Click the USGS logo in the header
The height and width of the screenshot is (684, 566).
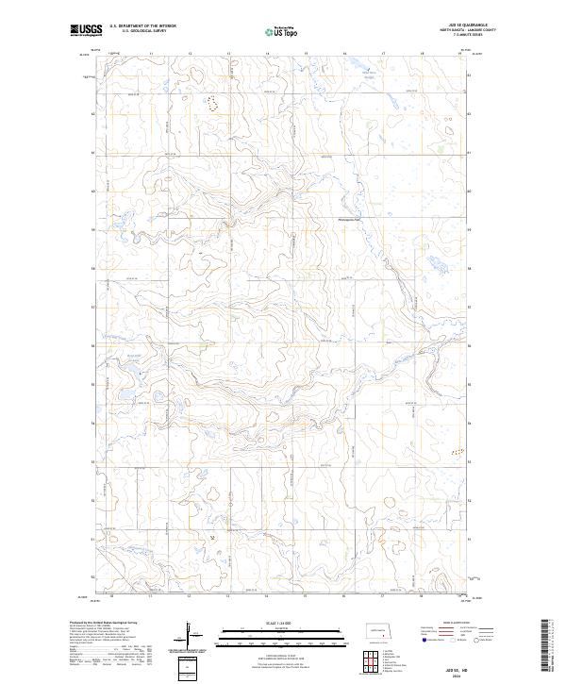[x=86, y=31]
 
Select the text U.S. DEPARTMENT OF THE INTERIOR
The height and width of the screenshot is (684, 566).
[x=142, y=26]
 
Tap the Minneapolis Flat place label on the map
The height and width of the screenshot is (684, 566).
[x=350, y=221]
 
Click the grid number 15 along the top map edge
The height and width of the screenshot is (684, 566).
[x=306, y=54]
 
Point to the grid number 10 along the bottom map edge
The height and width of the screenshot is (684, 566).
[x=112, y=596]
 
